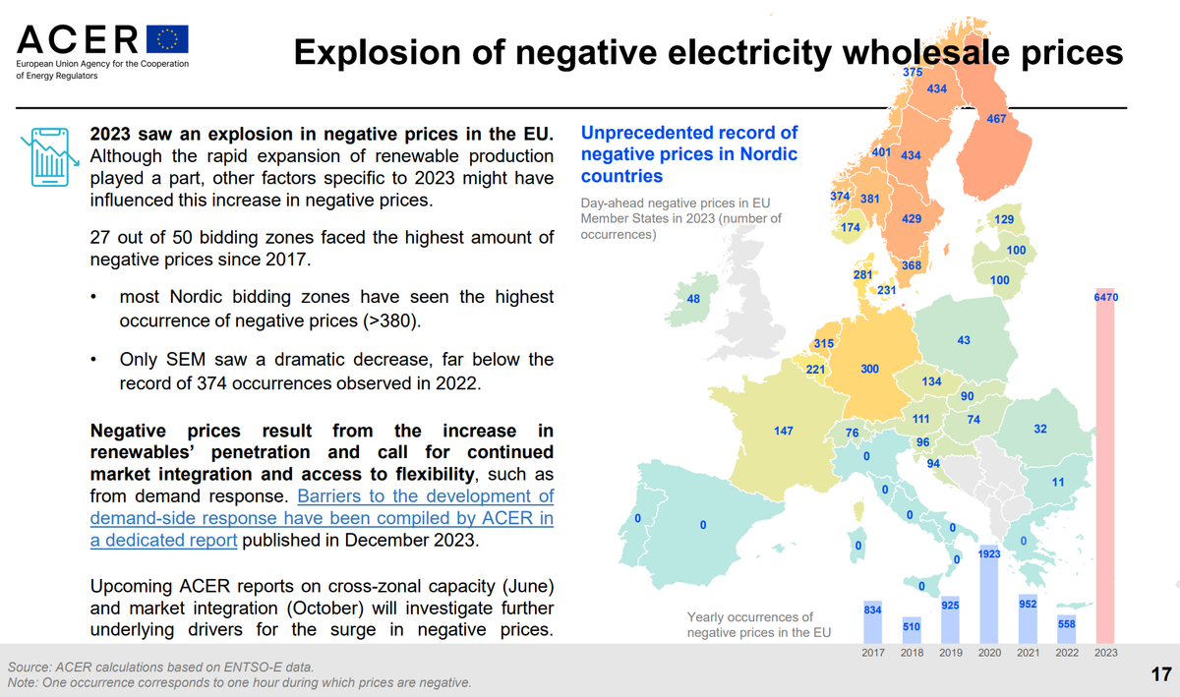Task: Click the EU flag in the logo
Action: (167, 38)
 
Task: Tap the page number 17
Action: (1160, 674)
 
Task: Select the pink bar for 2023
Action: (1105, 467)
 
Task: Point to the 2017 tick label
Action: (872, 653)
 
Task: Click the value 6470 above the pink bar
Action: (1105, 297)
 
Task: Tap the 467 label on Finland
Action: (996, 120)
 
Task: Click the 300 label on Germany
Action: (869, 369)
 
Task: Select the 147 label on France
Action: (784, 431)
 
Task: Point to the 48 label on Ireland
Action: (693, 300)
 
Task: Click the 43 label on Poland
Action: (964, 340)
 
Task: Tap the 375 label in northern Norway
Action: (913, 73)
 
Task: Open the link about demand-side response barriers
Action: (322, 518)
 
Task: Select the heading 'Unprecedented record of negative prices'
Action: (689, 154)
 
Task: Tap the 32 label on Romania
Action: (1040, 429)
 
